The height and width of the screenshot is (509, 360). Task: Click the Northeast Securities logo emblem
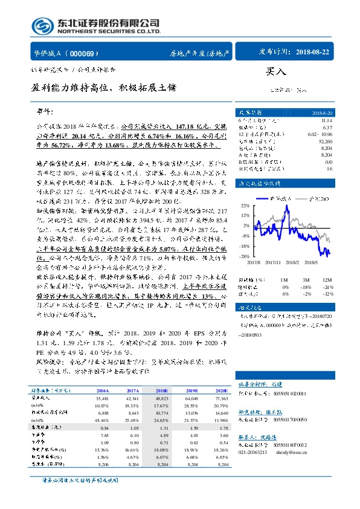point(42,25)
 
